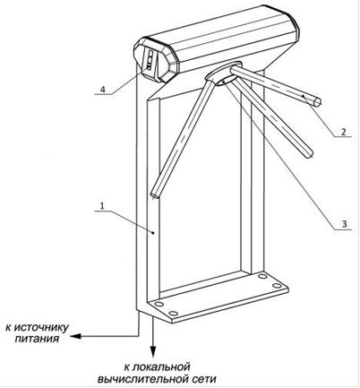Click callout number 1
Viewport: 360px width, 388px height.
(x=102, y=206)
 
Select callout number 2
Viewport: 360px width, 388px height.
(x=343, y=132)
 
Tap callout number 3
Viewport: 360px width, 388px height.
(x=344, y=224)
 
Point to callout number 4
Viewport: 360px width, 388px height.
(x=103, y=90)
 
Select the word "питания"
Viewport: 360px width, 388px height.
(x=37, y=339)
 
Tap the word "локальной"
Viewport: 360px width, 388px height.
(x=161, y=366)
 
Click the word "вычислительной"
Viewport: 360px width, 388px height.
(x=142, y=379)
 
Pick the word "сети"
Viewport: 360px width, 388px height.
(x=203, y=379)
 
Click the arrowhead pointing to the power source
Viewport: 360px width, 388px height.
(x=76, y=336)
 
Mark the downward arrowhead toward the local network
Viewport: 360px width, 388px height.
(x=153, y=351)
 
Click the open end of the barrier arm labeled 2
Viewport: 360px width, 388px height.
(x=316, y=102)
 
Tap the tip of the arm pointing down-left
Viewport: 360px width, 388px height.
(x=155, y=195)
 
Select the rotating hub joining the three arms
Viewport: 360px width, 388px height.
(x=223, y=74)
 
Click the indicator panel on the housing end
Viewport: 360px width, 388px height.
(x=150, y=61)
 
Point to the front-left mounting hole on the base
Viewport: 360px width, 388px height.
(x=173, y=314)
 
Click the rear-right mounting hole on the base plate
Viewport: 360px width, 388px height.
(x=262, y=276)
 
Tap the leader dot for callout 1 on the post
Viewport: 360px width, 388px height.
(x=153, y=233)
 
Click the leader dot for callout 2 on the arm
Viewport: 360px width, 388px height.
(x=303, y=96)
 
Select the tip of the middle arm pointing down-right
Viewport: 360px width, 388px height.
(x=311, y=154)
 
